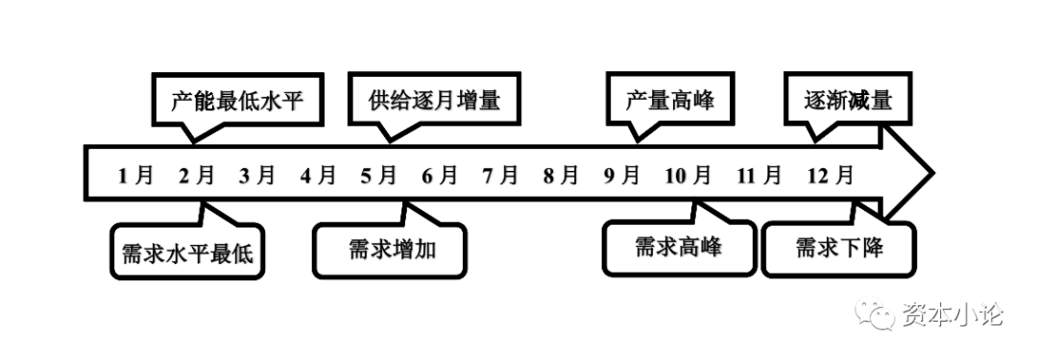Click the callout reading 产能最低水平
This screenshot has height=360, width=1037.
(236, 100)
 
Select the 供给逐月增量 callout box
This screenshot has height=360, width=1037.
(434, 100)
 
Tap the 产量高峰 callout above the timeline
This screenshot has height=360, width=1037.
(669, 100)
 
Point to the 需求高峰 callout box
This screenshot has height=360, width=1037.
(678, 247)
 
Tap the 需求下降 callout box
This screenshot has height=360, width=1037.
(838, 249)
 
